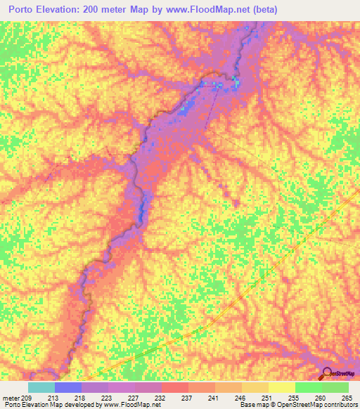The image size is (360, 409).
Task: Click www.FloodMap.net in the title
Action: point(207,10)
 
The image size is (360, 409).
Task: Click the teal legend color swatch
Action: point(41,387)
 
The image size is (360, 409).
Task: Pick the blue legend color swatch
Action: point(68,387)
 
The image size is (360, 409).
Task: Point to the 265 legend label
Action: point(347,397)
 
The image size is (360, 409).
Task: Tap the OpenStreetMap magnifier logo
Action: point(328,372)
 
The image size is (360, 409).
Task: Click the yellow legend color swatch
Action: point(282,387)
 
